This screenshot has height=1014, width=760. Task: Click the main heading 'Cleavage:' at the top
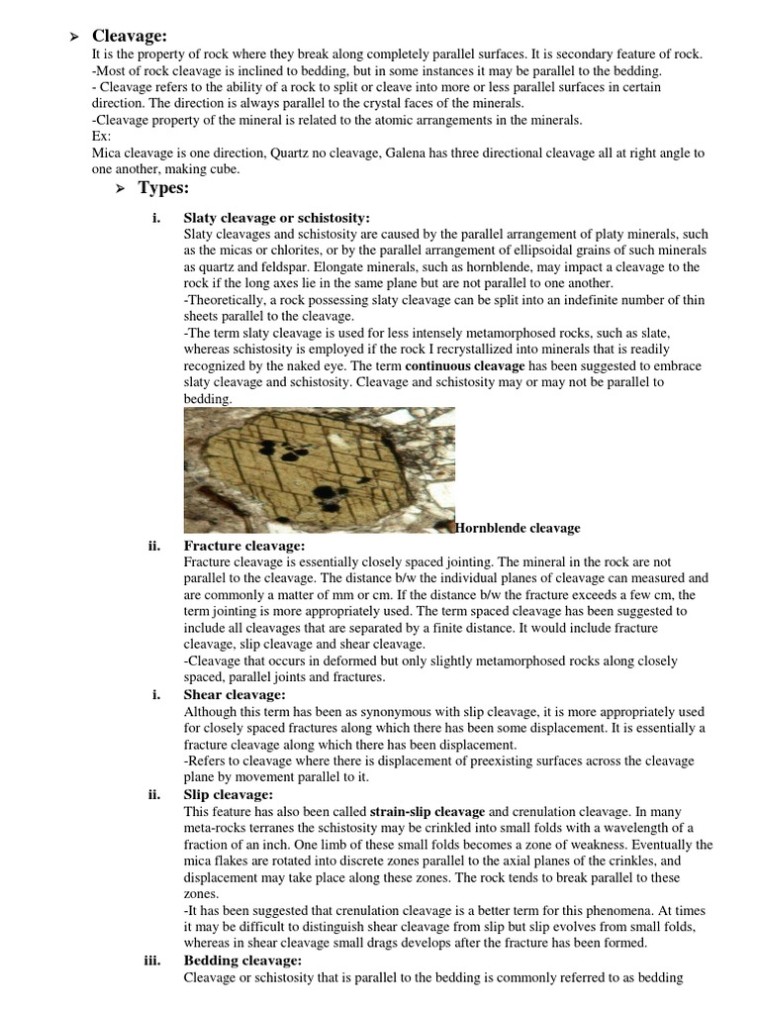129,37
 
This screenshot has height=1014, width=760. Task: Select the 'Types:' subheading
163,188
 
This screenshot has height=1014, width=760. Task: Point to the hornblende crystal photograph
320,470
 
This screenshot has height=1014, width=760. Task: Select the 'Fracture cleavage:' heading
244,546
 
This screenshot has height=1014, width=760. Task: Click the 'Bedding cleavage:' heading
242,960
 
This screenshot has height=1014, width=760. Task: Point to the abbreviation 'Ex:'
101,136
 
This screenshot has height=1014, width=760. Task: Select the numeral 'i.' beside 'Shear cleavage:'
156,694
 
